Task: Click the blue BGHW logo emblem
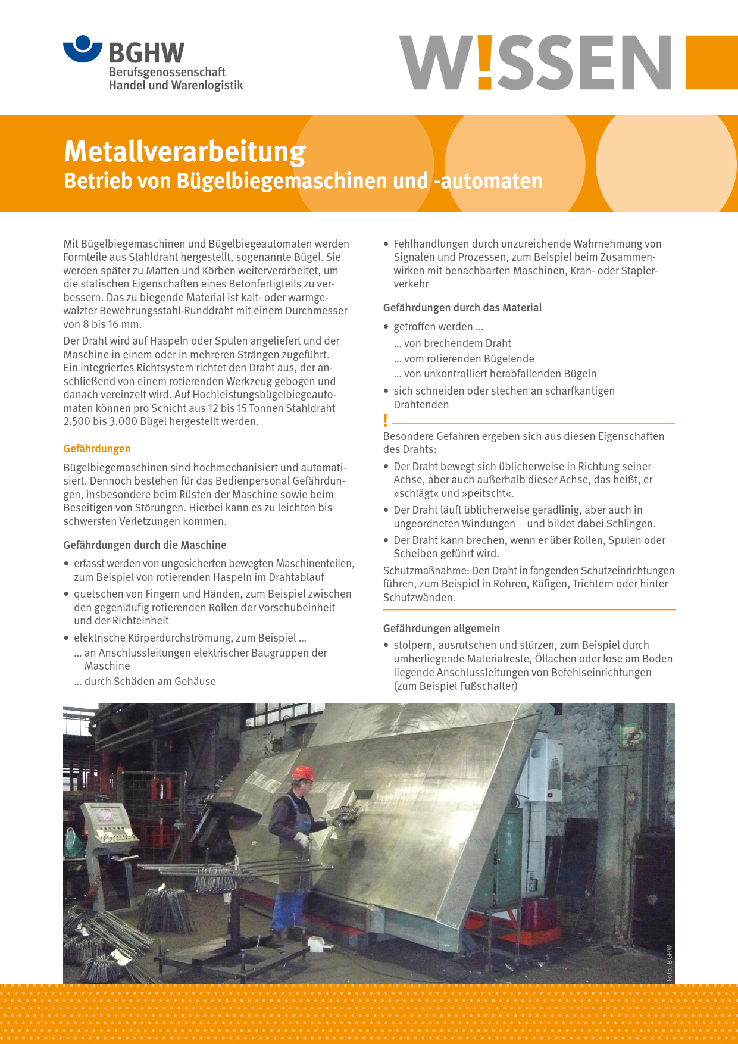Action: [x=83, y=49]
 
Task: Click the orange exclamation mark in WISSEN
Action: [x=484, y=62]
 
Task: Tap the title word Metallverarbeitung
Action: [x=185, y=152]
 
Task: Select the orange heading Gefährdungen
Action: [x=97, y=449]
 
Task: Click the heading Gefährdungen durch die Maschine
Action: [x=145, y=545]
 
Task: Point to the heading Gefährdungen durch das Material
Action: [x=462, y=307]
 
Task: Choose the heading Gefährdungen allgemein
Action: [x=441, y=628]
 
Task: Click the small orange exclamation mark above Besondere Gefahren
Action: [x=386, y=420]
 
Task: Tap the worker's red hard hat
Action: [x=303, y=773]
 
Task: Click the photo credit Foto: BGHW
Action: [x=669, y=962]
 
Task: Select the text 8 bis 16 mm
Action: [x=102, y=324]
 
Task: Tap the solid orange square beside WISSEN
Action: [x=711, y=62]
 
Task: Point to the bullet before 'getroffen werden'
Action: [x=386, y=327]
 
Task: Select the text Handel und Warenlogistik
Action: [x=176, y=85]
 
